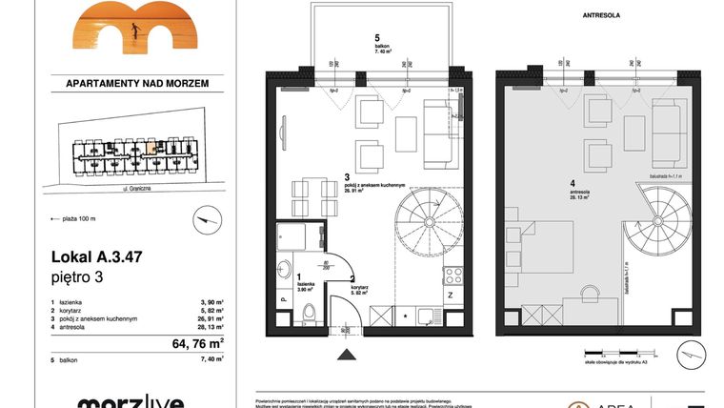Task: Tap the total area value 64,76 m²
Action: coord(197,342)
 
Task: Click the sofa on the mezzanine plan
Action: coord(667,131)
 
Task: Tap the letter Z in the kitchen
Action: coord(448,296)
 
